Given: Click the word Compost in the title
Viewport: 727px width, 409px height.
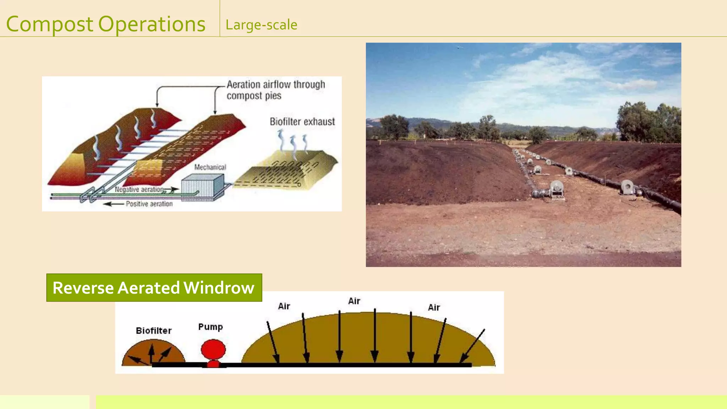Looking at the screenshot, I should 50,24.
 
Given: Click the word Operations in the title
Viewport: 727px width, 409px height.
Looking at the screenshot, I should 152,24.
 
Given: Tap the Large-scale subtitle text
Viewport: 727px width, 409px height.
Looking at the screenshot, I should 261,25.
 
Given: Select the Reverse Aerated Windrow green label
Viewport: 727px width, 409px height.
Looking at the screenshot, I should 154,288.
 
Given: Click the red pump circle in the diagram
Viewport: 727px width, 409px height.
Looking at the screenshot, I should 213,349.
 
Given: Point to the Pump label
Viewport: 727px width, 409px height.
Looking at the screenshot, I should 210,327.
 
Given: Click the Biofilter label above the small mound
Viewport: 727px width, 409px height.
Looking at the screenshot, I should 153,331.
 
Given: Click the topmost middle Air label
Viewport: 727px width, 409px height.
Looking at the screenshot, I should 354,301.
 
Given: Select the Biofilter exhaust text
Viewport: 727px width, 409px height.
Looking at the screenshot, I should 302,122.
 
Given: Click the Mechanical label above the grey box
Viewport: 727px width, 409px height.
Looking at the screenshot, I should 210,167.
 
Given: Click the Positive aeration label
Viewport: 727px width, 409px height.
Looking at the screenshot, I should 149,204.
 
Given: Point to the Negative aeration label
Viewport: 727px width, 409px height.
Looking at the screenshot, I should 139,190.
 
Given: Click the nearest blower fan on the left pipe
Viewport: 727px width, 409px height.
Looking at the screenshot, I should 556,189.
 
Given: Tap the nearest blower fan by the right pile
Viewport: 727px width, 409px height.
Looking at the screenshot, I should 627,187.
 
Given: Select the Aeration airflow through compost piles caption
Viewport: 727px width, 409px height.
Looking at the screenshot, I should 275,90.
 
